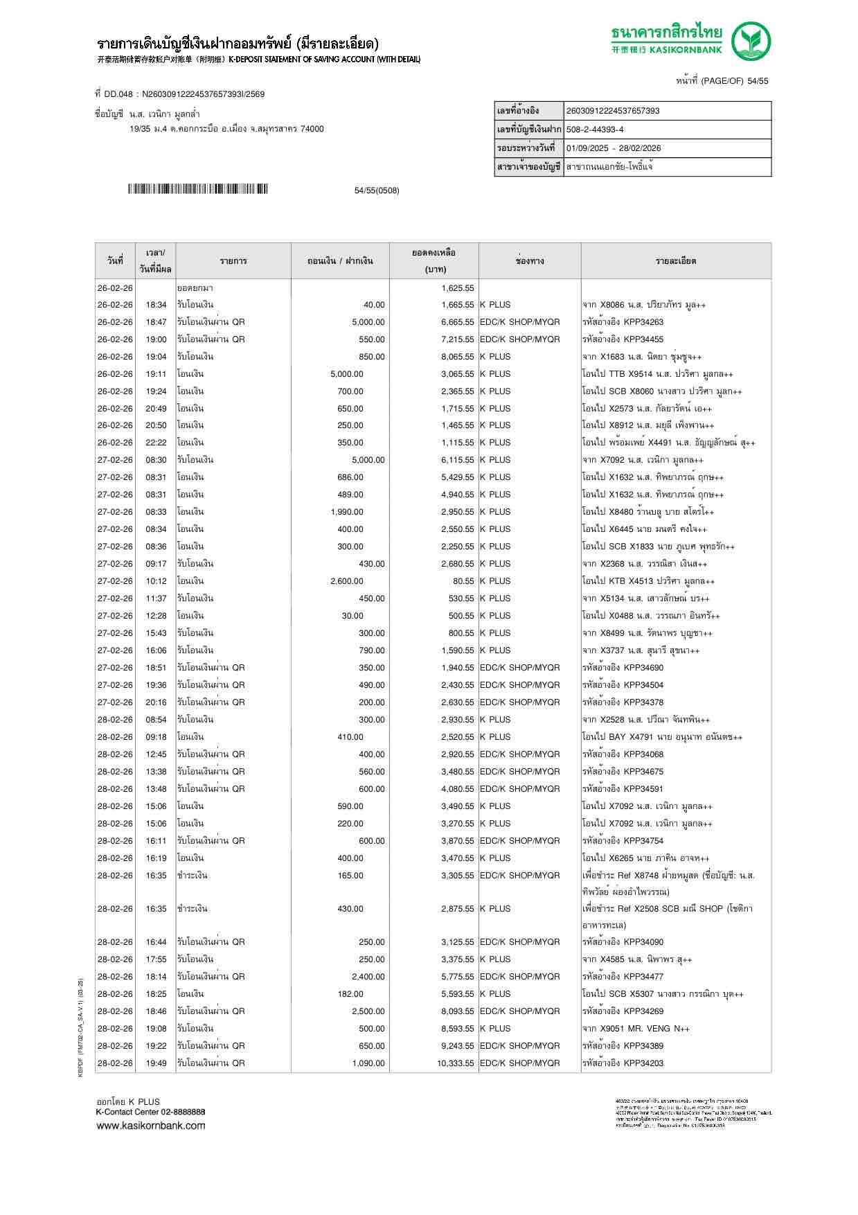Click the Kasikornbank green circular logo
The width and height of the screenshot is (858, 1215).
[x=752, y=41]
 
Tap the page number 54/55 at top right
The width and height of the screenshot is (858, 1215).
[x=757, y=81]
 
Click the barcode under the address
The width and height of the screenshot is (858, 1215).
[x=197, y=189]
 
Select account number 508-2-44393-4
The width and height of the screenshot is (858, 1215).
[x=595, y=130]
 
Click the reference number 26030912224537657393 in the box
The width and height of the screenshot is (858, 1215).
[x=612, y=111]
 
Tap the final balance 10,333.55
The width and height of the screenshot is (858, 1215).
[x=455, y=1063]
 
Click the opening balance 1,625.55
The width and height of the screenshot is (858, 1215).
[x=457, y=288]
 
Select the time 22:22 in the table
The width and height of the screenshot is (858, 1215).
[x=156, y=443]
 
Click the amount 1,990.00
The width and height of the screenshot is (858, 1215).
[x=347, y=512]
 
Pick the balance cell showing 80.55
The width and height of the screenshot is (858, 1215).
[x=463, y=581]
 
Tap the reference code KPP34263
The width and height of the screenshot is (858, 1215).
[x=643, y=322]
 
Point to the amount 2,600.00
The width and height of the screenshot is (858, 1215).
[x=347, y=581]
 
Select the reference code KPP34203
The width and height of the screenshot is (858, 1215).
[x=643, y=1063]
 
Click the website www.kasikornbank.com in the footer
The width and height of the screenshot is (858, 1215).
[x=150, y=1126]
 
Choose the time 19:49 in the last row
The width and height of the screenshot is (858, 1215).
[x=156, y=1063]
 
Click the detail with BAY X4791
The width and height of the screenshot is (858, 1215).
[x=661, y=737]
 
